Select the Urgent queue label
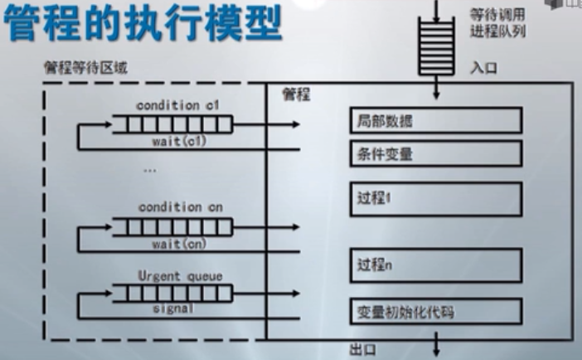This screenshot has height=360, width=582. (x=177, y=276)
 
